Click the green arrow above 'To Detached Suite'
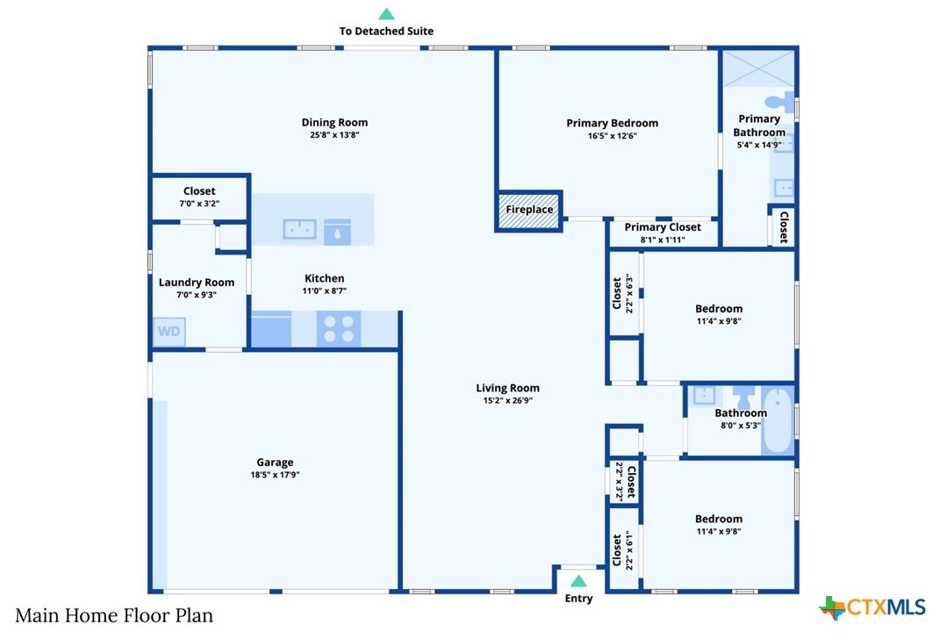tap(386, 14)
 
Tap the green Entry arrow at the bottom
tap(578, 581)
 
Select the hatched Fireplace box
tap(529, 210)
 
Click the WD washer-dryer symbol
tap(169, 332)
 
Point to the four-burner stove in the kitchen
tap(339, 329)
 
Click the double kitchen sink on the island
tap(299, 229)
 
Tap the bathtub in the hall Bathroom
tap(778, 420)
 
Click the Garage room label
tap(275, 462)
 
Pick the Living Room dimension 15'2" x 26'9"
tap(507, 400)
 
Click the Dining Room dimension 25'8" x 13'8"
tap(334, 134)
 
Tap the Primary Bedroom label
tap(613, 123)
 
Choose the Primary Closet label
tap(663, 227)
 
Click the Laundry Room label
tap(197, 282)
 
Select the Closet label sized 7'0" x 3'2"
tap(199, 197)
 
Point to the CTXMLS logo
tap(872, 607)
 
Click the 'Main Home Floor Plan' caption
tap(114, 615)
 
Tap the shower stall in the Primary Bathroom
tap(758, 68)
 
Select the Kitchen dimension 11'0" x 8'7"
tap(325, 291)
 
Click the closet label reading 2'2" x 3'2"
tap(619, 481)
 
